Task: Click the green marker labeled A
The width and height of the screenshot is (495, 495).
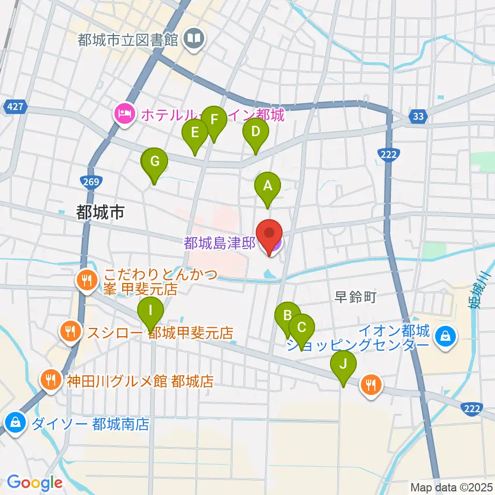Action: click(267, 186)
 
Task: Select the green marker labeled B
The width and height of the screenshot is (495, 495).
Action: click(288, 316)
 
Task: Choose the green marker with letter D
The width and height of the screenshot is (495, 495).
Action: click(255, 131)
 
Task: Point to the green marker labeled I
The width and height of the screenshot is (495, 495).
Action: click(151, 310)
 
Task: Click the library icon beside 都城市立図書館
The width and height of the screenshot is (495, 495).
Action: click(195, 38)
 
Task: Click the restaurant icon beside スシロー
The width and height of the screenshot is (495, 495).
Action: click(71, 332)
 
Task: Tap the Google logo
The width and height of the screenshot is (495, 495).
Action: click(35, 482)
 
